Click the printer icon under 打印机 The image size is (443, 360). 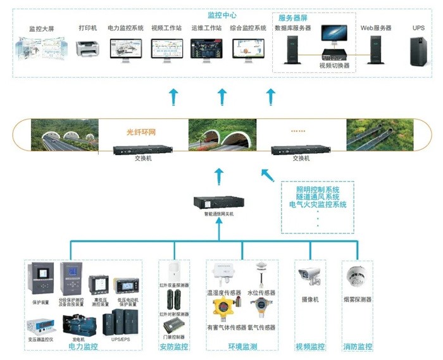coord(87,47)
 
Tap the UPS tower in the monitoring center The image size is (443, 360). coord(418,49)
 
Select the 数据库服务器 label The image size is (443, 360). coord(292,28)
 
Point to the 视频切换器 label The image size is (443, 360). coord(334,65)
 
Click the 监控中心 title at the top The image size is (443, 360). coord(221,15)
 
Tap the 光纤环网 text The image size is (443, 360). coord(141,133)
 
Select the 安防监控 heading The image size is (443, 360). coord(173,346)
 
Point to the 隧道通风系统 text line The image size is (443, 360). coord(318,197)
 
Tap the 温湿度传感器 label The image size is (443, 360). coord(223,293)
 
